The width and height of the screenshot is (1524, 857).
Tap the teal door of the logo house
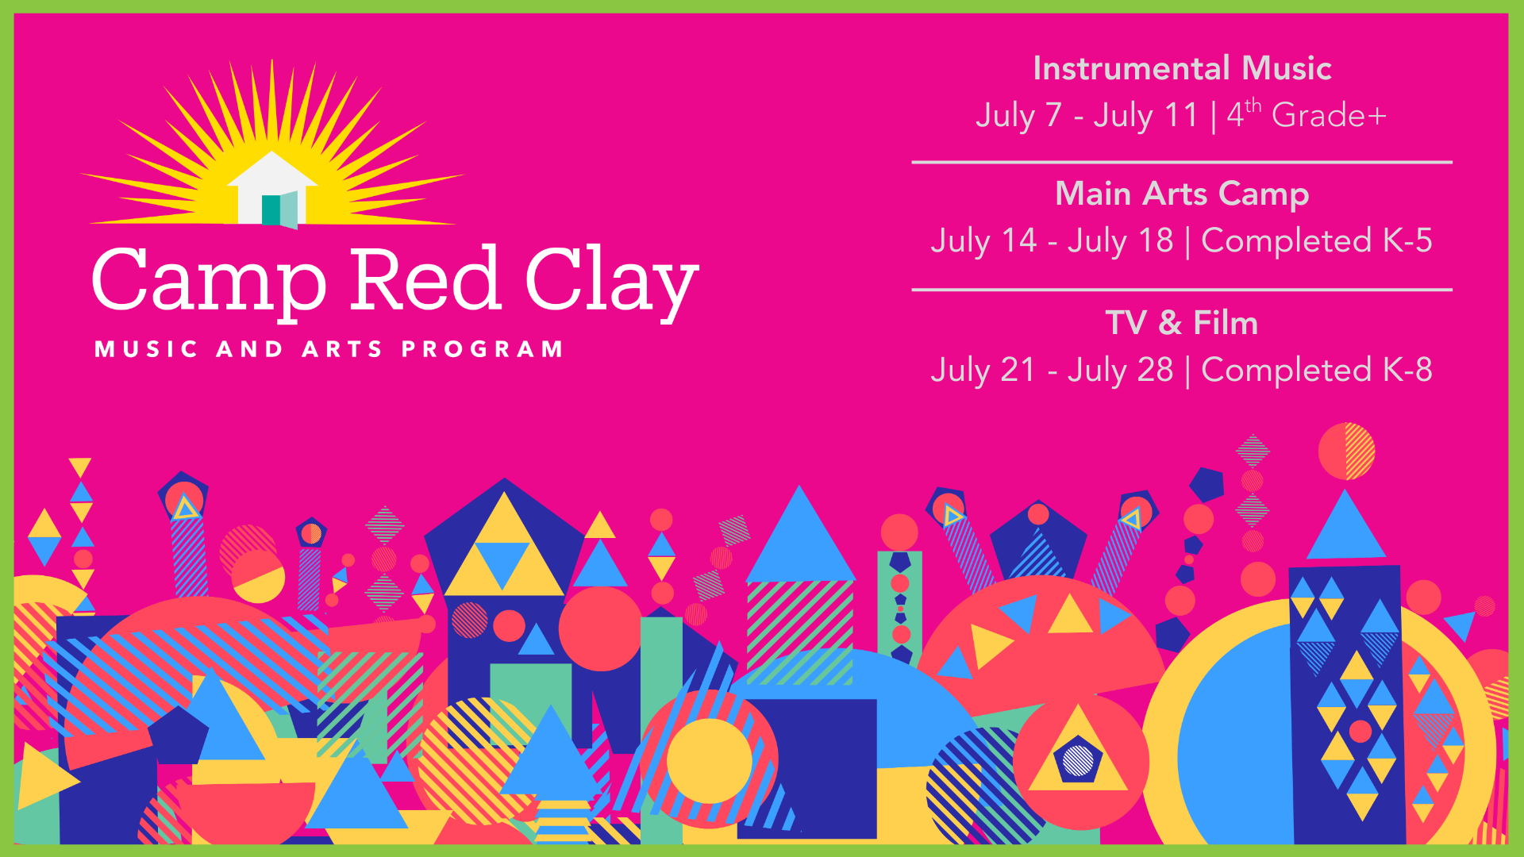(x=271, y=209)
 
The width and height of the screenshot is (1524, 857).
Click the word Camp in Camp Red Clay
(x=210, y=281)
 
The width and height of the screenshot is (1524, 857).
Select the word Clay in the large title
(x=611, y=281)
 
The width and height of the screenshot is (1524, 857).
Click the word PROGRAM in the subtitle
(x=483, y=349)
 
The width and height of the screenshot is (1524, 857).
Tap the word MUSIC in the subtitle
(x=146, y=349)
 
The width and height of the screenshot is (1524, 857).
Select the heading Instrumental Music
(x=1182, y=68)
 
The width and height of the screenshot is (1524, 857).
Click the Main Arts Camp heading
(x=1182, y=194)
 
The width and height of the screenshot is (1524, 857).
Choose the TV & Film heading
(x=1182, y=323)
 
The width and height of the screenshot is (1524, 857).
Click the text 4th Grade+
(x=1307, y=114)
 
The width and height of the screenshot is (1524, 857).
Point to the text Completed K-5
(x=1317, y=240)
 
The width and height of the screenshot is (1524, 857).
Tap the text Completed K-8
(x=1317, y=370)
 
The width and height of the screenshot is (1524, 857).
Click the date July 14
(x=983, y=240)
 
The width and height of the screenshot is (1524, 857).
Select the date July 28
(x=1120, y=370)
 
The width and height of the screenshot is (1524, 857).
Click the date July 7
(x=1018, y=115)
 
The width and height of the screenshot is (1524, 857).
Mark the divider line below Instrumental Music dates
(x=1182, y=162)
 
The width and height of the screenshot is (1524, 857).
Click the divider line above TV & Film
(x=1182, y=290)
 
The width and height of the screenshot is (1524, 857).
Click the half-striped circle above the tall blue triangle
(x=1346, y=452)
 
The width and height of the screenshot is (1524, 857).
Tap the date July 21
(x=983, y=370)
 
